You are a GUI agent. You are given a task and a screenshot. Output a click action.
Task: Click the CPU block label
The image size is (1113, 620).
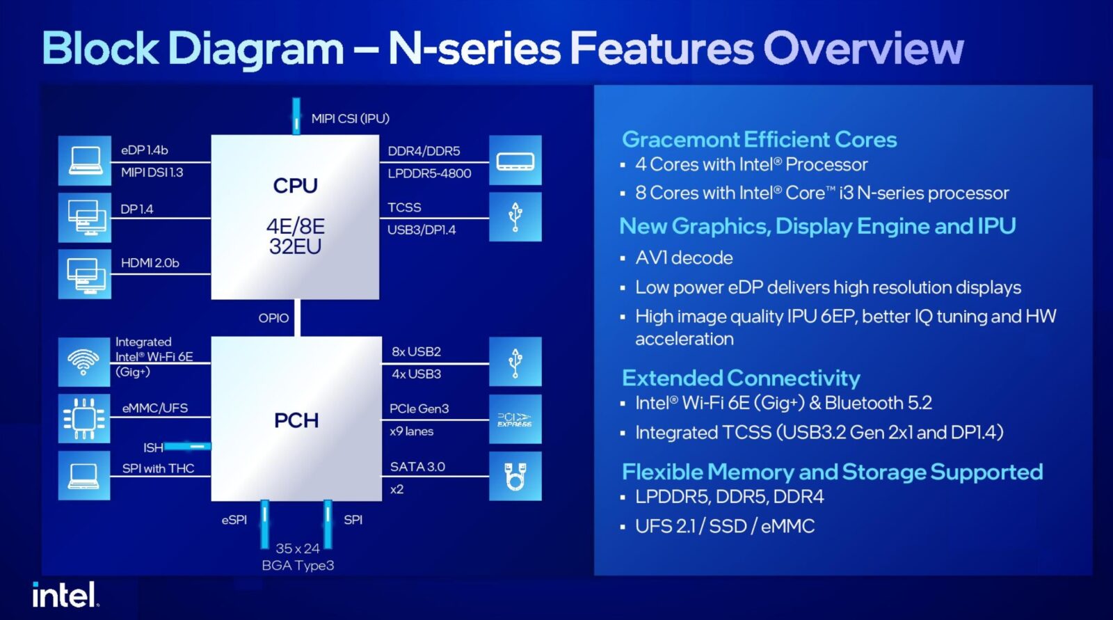point(295,186)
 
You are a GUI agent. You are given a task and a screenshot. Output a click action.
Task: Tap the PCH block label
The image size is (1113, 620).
point(296,420)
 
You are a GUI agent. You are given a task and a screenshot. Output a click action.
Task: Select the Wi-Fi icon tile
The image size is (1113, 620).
point(84,362)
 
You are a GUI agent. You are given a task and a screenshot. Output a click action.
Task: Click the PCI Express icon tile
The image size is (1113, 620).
point(515,419)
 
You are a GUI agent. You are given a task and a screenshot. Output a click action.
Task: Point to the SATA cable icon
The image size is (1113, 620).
point(515,476)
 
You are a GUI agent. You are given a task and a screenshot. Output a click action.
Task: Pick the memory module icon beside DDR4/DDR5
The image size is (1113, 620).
point(515,161)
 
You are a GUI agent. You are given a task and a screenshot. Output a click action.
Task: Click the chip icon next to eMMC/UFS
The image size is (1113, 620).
point(84,419)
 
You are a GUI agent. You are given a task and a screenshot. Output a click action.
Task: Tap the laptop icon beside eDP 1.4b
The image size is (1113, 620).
point(84,161)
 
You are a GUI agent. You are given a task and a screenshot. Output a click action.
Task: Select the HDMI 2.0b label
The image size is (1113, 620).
point(150,263)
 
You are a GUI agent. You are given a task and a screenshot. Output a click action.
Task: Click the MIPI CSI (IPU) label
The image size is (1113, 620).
point(351,119)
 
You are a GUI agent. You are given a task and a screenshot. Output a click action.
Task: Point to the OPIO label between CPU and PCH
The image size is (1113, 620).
point(273,318)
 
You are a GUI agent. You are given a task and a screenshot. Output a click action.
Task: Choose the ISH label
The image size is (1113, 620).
point(153,448)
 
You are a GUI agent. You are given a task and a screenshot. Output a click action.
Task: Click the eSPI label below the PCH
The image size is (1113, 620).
point(234,520)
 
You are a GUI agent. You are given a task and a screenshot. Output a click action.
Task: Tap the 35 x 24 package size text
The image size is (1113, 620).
point(298,548)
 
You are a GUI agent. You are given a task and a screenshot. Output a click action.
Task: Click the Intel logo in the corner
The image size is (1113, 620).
point(65,594)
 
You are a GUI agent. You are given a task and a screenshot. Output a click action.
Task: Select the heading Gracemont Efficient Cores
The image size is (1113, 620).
point(759,140)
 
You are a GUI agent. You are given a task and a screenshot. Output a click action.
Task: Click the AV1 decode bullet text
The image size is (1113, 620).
point(684,258)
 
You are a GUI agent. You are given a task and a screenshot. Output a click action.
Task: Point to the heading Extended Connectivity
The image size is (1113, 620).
point(741,379)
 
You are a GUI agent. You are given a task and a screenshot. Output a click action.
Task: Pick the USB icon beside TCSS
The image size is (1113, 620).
point(515,217)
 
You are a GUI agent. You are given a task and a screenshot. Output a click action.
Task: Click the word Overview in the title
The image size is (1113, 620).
point(863,48)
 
